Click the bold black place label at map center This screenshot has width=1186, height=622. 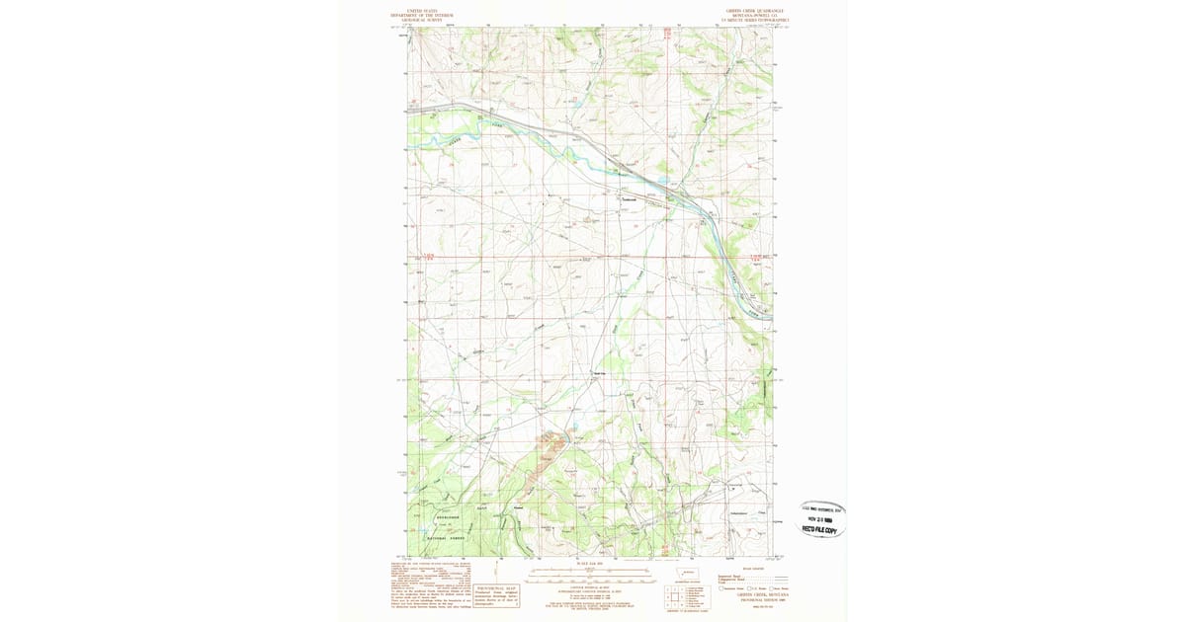[x=597, y=373]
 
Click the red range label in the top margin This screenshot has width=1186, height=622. [x=667, y=33]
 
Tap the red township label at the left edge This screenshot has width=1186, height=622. [x=427, y=257]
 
